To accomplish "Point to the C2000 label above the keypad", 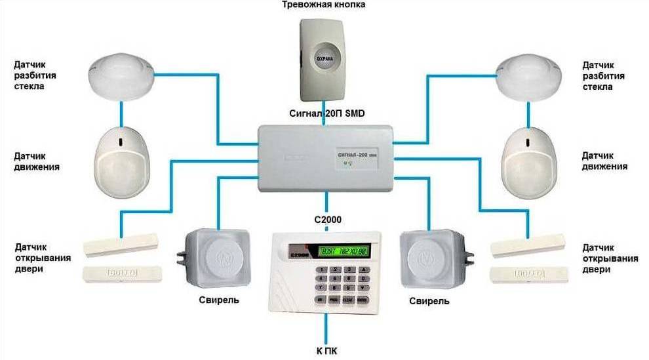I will coord(326,220).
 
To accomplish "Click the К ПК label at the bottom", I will coord(326,351).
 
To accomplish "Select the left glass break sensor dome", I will coord(122,76).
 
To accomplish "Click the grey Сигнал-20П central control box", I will coord(326,158).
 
